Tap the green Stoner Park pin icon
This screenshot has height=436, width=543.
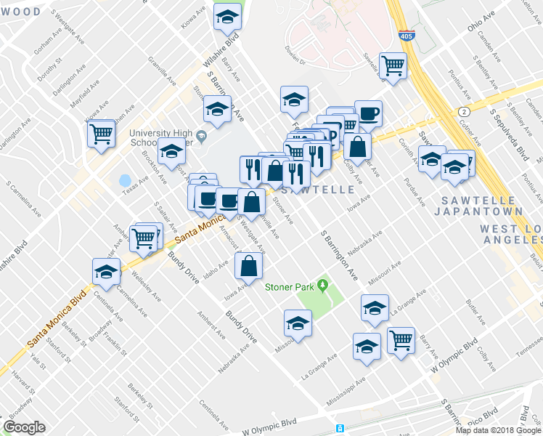[320, 284]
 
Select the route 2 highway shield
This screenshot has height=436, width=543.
[462, 110]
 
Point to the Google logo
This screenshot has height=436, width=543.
[24, 427]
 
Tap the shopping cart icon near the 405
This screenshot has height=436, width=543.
[393, 65]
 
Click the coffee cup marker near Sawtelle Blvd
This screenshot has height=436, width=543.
[367, 114]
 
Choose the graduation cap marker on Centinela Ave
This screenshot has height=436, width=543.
[107, 272]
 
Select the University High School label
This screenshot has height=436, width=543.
[164, 137]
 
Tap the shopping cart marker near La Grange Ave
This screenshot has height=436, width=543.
[401, 339]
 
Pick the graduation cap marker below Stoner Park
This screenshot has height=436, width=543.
[298, 323]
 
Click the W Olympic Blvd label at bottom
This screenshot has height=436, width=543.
[270, 422]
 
